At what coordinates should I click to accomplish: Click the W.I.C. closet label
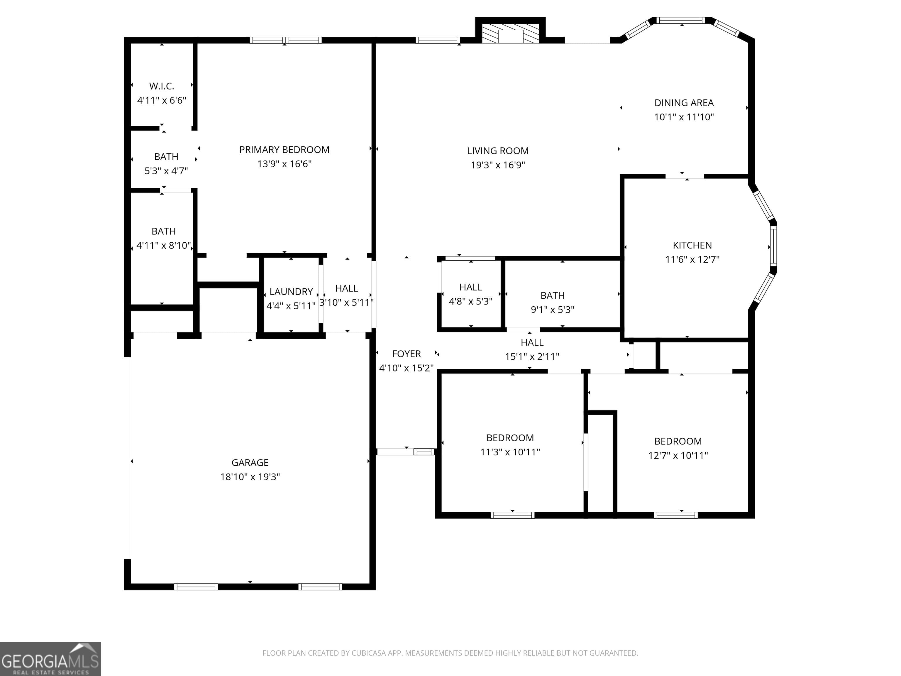pos(162,86)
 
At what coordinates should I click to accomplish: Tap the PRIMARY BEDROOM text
pos(284,150)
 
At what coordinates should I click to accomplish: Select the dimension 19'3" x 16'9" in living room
pos(498,165)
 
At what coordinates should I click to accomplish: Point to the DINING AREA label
pos(684,103)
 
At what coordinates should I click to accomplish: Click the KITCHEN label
pos(692,245)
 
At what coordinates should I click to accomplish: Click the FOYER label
pos(406,354)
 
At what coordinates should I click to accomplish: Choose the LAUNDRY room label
pos(291,291)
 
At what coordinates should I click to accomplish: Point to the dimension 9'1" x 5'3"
pos(552,309)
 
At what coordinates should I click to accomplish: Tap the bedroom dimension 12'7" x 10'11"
pos(678,455)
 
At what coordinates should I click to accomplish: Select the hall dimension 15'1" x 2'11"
pos(532,356)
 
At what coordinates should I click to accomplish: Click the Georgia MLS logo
pos(50,659)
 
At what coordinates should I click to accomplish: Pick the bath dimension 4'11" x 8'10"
pos(163,245)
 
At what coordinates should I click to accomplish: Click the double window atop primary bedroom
pos(286,40)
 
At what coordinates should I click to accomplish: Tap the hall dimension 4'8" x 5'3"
pos(470,301)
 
